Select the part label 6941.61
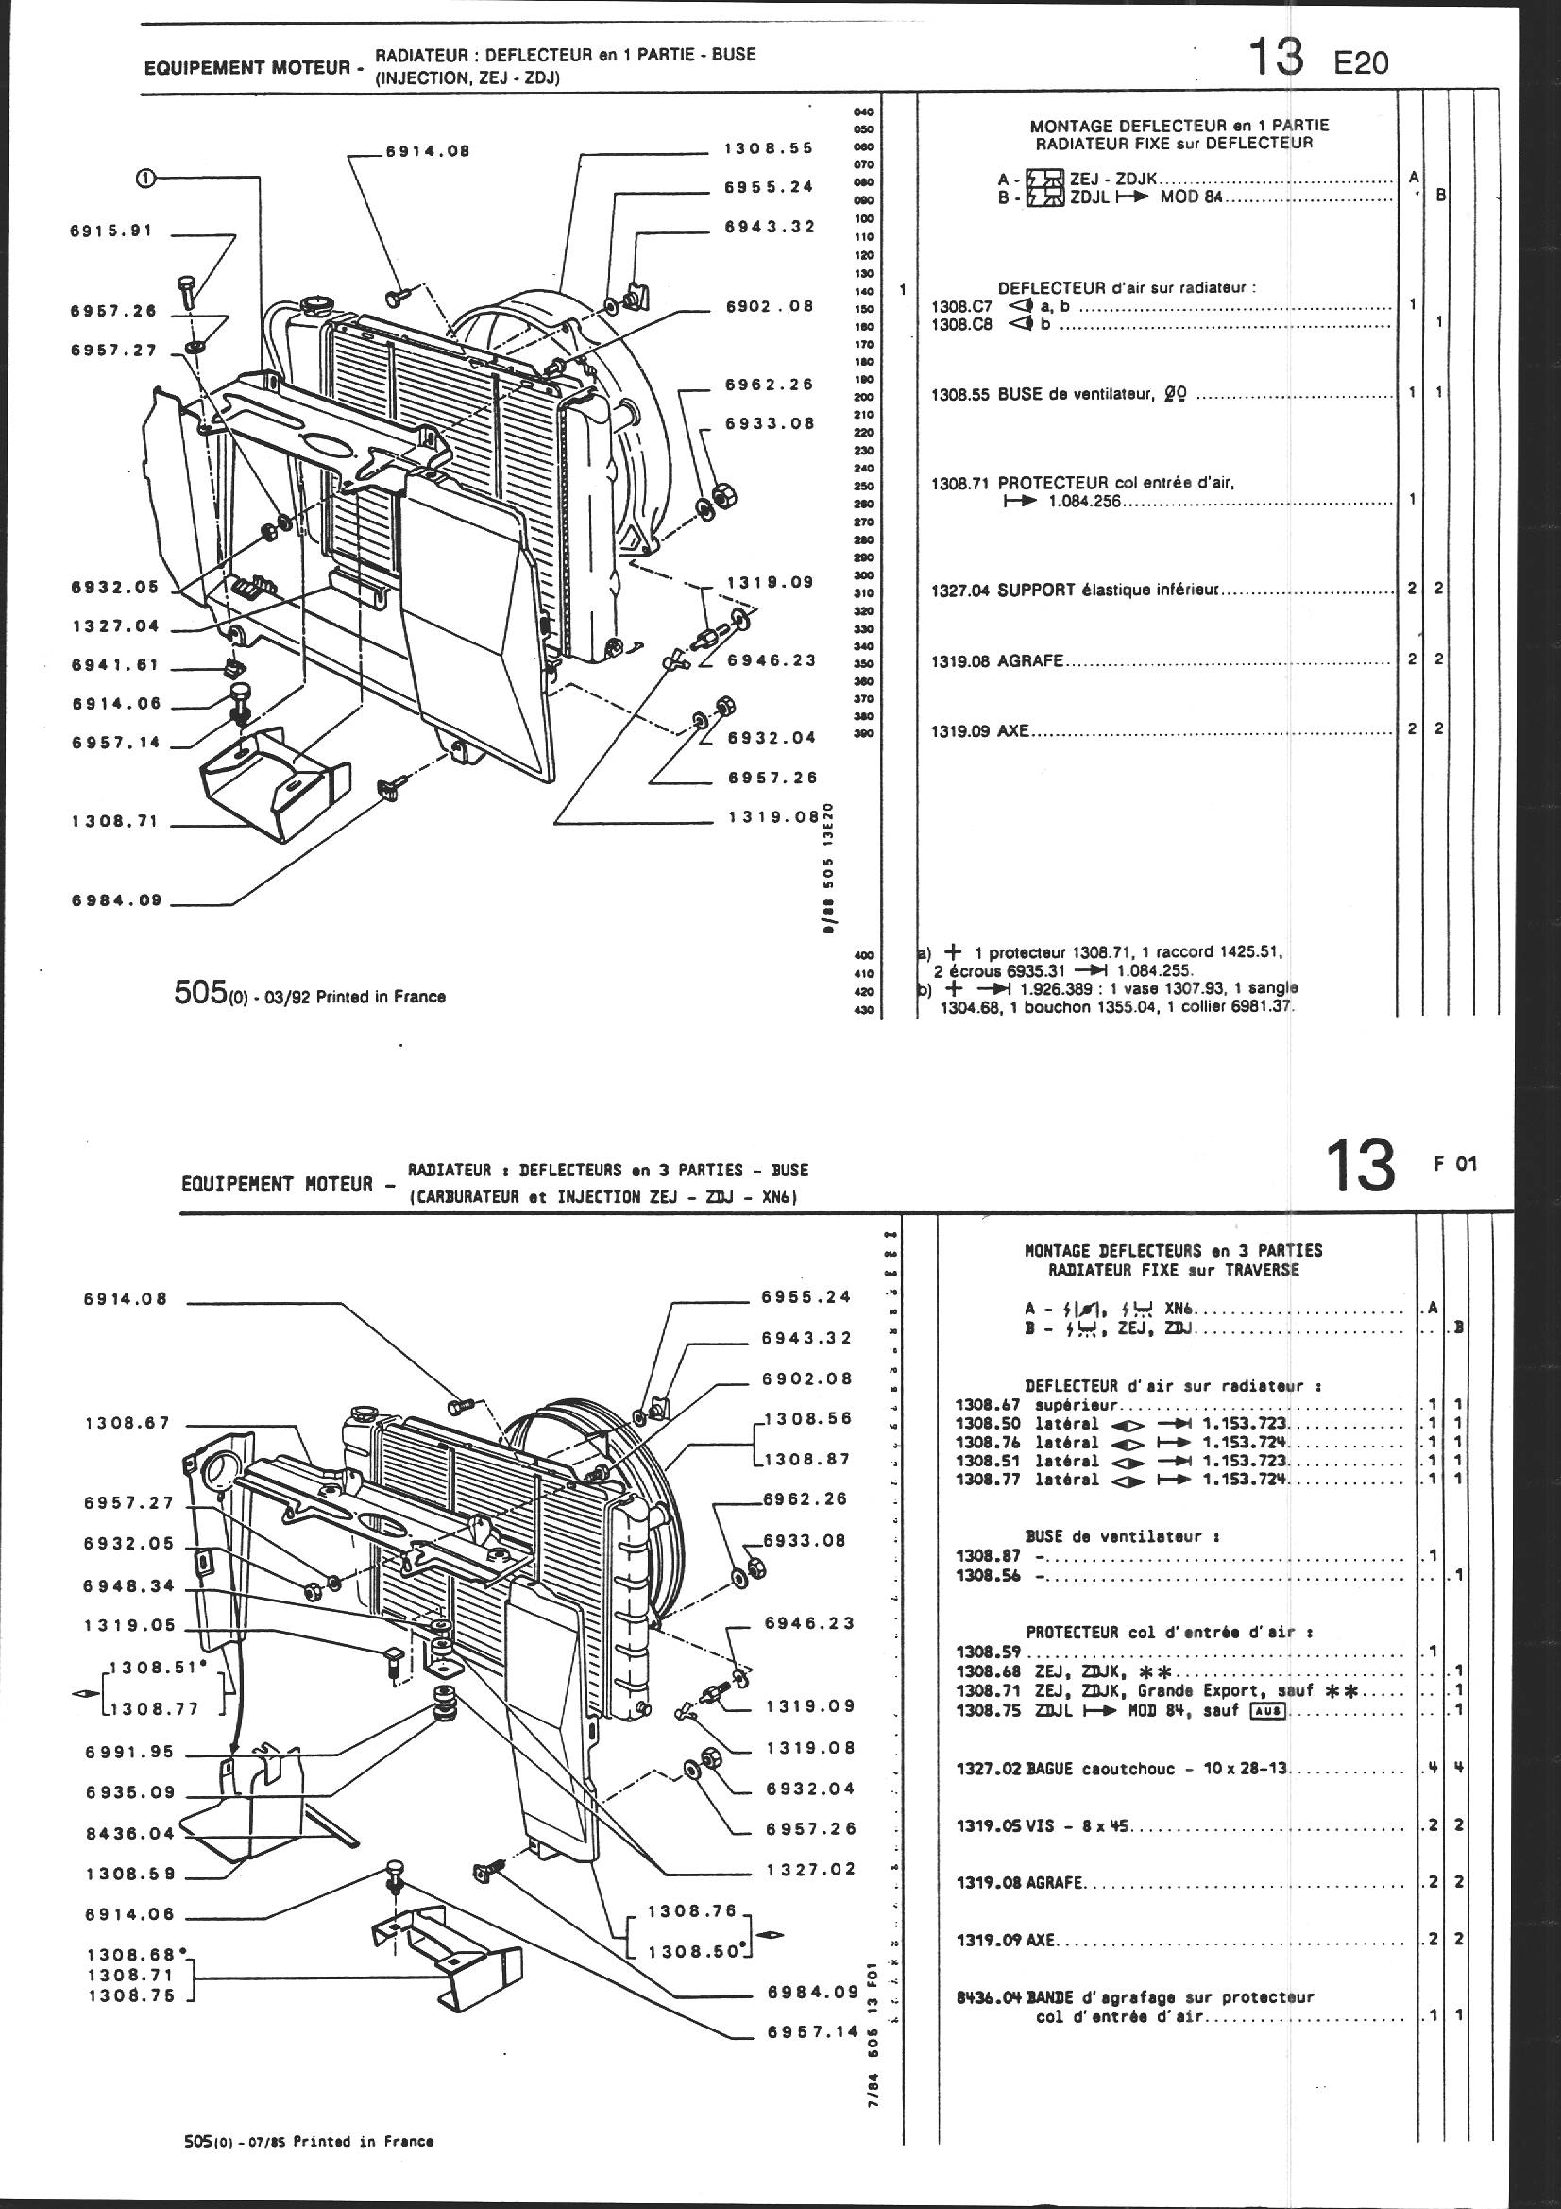114,665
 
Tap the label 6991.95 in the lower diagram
129,1752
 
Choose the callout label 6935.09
129,1792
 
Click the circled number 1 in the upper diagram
144,177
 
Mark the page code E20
1361,63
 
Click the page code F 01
1454,1163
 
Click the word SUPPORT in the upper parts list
1036,591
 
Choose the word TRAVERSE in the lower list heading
1262,1269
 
